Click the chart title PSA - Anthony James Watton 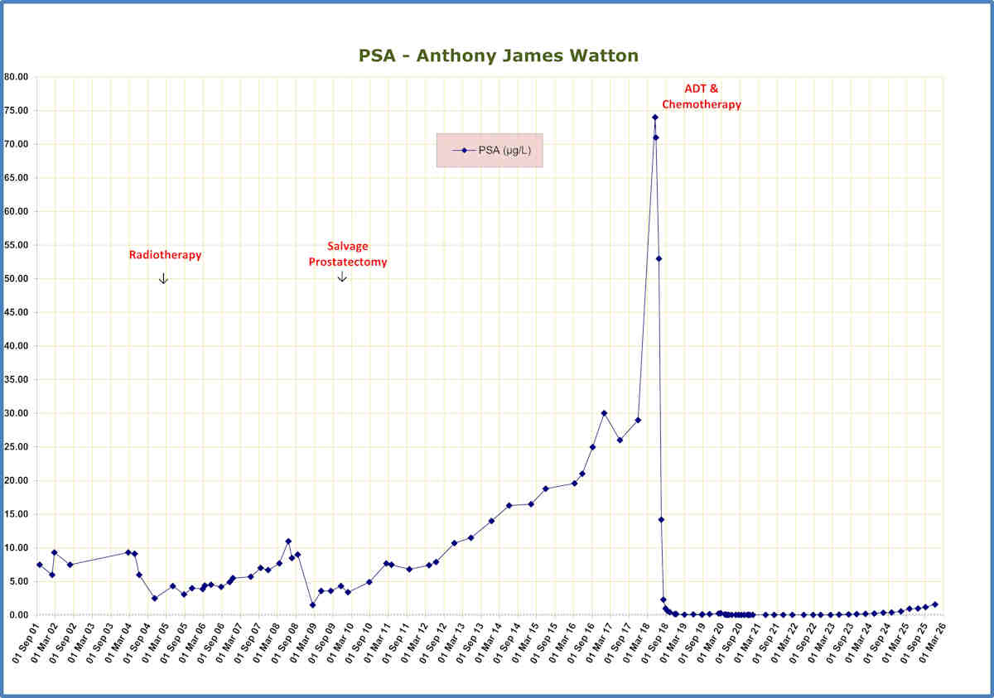tap(498, 55)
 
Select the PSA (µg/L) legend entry tap(490, 150)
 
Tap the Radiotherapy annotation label tap(165, 255)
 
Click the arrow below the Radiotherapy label tap(163, 278)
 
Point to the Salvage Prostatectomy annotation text tap(348, 254)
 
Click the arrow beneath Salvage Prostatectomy tap(342, 277)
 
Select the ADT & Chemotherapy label tap(701, 96)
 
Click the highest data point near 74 tap(654, 117)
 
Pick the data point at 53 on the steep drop tap(659, 258)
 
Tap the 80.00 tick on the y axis tap(17, 77)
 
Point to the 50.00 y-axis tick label tap(17, 279)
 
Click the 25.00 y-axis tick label tap(17, 447)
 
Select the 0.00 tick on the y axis tap(19, 615)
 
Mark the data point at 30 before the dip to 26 tap(604, 413)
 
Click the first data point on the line tap(39, 565)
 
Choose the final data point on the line tap(935, 604)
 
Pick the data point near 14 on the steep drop tap(661, 520)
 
